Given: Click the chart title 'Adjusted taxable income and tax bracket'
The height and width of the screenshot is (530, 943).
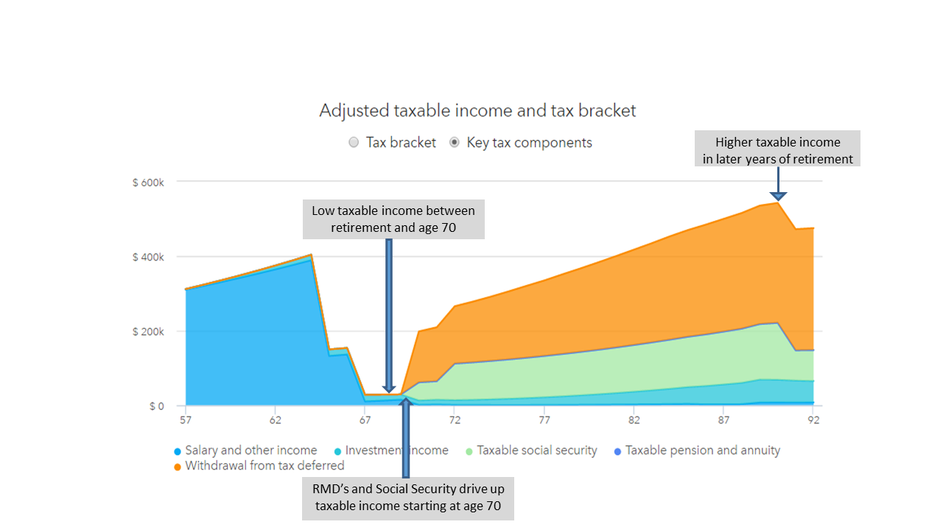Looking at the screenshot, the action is (477, 110).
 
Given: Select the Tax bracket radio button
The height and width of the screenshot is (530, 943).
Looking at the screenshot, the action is (354, 143).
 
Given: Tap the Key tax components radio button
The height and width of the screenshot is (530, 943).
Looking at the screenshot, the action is (455, 143).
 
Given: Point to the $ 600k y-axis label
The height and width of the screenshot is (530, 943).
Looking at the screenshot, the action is (148, 183).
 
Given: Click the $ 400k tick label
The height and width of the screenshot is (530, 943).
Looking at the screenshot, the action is (148, 257).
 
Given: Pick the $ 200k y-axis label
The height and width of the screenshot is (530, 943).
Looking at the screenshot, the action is (148, 332).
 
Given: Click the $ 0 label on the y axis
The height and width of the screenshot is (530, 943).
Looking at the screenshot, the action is (157, 406).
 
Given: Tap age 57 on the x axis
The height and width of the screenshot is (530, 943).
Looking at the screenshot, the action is (186, 420).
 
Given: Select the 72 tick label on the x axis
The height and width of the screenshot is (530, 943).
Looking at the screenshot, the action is (455, 420).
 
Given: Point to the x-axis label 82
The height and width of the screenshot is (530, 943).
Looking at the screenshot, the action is (634, 420).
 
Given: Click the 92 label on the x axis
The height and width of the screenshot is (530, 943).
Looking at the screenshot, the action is (813, 420).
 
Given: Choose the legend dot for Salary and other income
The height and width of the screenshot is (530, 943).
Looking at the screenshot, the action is (178, 452).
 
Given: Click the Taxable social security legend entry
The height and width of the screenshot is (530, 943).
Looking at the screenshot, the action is (532, 451).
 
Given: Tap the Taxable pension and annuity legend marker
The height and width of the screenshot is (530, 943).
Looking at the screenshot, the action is (617, 452).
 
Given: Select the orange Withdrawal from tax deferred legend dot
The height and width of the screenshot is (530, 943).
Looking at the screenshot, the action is (178, 467).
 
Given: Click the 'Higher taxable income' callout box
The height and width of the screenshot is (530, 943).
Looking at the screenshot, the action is (777, 149).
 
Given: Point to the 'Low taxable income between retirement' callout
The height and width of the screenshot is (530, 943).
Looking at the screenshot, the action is (393, 219).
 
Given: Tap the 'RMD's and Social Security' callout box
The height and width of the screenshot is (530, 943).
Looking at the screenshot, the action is (408, 498).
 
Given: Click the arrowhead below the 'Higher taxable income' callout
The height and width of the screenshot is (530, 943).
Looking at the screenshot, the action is (778, 197).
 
